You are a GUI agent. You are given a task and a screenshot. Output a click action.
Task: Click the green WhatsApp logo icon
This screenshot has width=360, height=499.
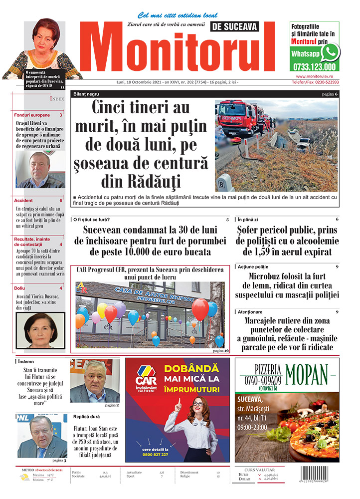[330, 52]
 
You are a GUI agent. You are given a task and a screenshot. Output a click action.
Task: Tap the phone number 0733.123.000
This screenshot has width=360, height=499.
[314, 67]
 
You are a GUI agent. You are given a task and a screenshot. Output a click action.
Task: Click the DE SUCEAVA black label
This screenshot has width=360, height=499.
[235, 27]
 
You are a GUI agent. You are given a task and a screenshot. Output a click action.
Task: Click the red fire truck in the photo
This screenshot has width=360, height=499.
[240, 119]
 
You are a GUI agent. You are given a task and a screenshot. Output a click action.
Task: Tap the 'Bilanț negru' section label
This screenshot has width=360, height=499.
[87, 94]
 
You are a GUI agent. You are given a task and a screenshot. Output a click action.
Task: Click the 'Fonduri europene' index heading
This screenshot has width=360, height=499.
[32, 115]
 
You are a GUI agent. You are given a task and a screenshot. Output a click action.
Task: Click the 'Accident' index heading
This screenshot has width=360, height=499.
[23, 200]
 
